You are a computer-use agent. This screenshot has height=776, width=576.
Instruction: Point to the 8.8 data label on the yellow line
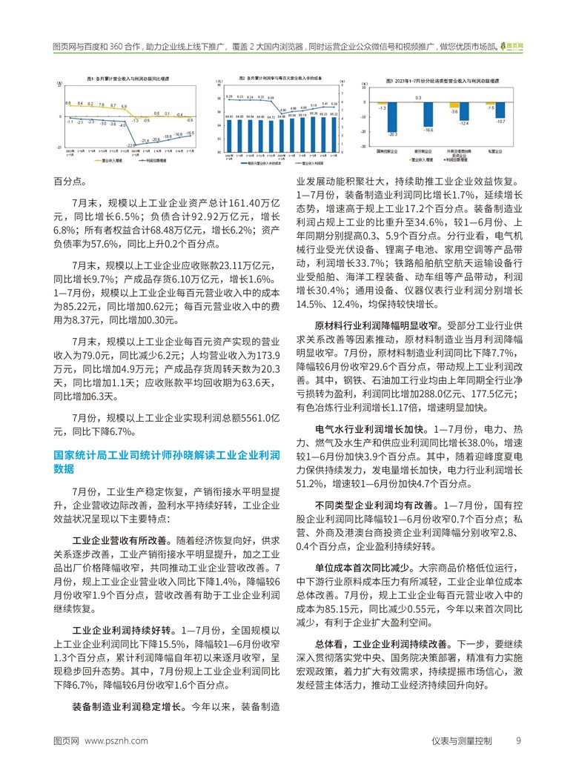(x=68, y=103)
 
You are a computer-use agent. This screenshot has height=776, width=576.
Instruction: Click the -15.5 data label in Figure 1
(x=191, y=133)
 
